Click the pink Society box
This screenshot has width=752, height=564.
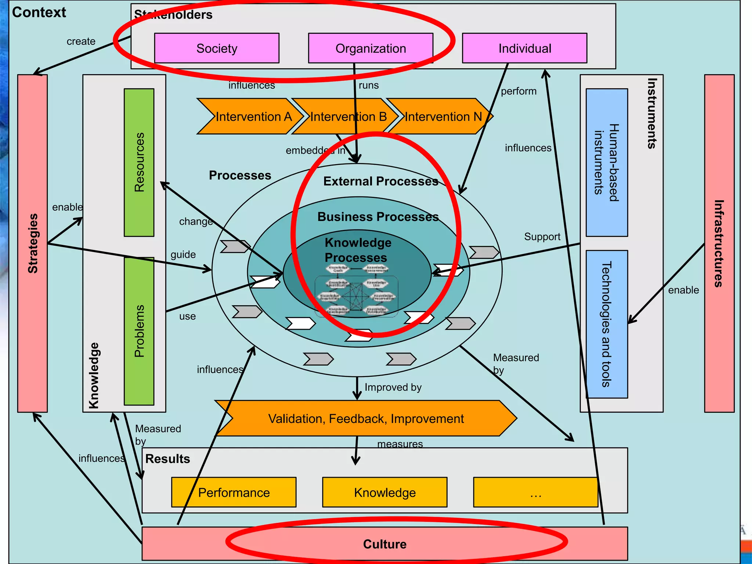[217, 48]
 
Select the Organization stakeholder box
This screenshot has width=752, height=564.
[370, 48]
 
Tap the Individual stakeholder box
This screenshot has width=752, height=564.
[524, 48]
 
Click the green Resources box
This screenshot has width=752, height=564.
[139, 162]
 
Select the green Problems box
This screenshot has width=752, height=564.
[139, 331]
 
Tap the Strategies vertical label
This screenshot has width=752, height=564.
[33, 243]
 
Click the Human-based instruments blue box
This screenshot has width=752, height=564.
[606, 162]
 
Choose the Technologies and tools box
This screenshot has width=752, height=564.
[606, 324]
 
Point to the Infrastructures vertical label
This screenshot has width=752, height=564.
[719, 243]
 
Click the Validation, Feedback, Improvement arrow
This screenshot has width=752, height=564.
[366, 419]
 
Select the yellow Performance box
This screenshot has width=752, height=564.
[234, 492]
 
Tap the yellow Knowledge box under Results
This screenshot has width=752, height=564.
[384, 492]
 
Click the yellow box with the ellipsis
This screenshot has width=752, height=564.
[535, 492]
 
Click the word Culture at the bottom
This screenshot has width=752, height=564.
[384, 544]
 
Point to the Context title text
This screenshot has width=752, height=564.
[39, 12]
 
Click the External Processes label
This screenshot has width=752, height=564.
[380, 181]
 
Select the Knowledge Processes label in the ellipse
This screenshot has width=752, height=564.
[358, 250]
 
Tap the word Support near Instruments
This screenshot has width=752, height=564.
[542, 236]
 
